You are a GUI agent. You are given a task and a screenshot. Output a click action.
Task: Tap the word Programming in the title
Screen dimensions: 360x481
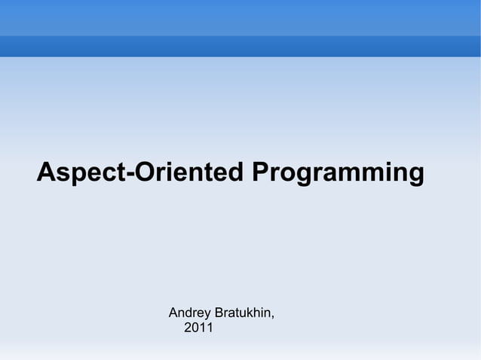click(x=338, y=172)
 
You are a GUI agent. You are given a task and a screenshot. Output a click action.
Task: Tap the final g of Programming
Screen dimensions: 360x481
click(x=415, y=175)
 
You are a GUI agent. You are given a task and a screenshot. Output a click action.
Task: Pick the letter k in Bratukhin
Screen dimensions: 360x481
click(x=249, y=312)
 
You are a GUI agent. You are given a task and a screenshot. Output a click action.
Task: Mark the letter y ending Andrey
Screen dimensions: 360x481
click(x=208, y=314)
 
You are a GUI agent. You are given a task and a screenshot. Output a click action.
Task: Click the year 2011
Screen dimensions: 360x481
click(x=198, y=328)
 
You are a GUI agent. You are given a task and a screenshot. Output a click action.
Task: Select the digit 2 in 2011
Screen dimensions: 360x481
click(x=188, y=328)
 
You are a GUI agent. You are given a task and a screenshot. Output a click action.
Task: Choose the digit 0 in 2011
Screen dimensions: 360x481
click(x=195, y=328)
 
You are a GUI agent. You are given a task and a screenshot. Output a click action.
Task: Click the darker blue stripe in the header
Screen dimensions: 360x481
click(x=240, y=46)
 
